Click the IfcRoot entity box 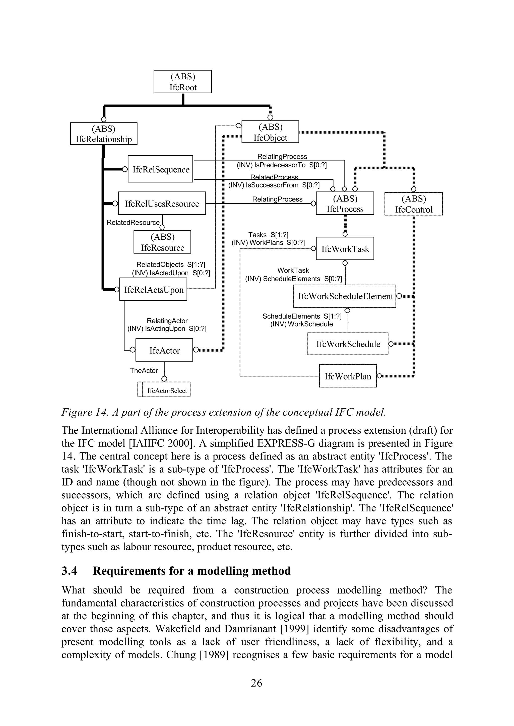coord(183,82)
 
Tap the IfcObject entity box coord(270,132)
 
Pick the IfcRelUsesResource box coord(162,204)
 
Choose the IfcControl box coord(413,204)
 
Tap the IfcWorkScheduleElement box coord(345,296)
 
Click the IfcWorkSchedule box coord(348,344)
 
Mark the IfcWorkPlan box coord(348,376)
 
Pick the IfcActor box coord(164,350)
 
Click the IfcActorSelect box coord(165,390)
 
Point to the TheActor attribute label coord(144,370)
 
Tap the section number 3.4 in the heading coord(69,571)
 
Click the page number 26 coord(256,683)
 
